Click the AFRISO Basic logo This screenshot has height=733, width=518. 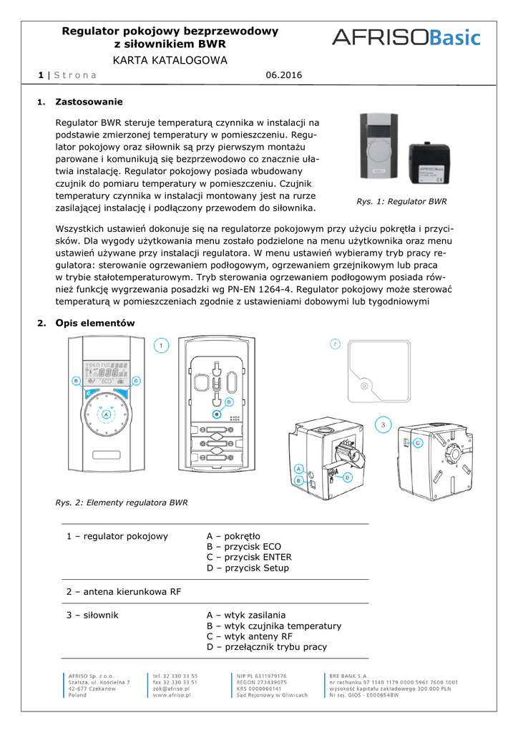tap(406, 37)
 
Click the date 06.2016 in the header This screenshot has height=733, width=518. tap(284, 75)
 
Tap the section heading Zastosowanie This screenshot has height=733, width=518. tap(89, 102)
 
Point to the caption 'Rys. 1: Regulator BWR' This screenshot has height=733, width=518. tap(401, 202)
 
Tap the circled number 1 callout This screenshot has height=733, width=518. tap(162, 346)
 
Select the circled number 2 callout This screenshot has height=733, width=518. tap(335, 344)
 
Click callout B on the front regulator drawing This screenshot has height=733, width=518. tap(75, 381)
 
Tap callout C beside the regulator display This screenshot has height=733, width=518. tap(135, 381)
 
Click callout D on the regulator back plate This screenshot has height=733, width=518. tap(229, 402)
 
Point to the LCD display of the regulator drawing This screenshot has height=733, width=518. tap(105, 371)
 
